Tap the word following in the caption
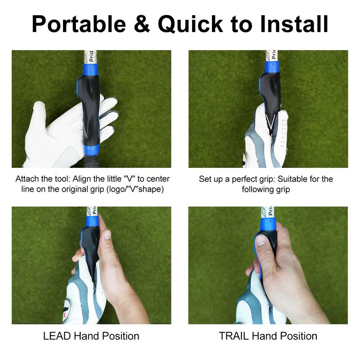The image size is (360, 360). coord(259,189)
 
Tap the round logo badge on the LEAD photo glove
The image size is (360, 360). coord(67,306)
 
